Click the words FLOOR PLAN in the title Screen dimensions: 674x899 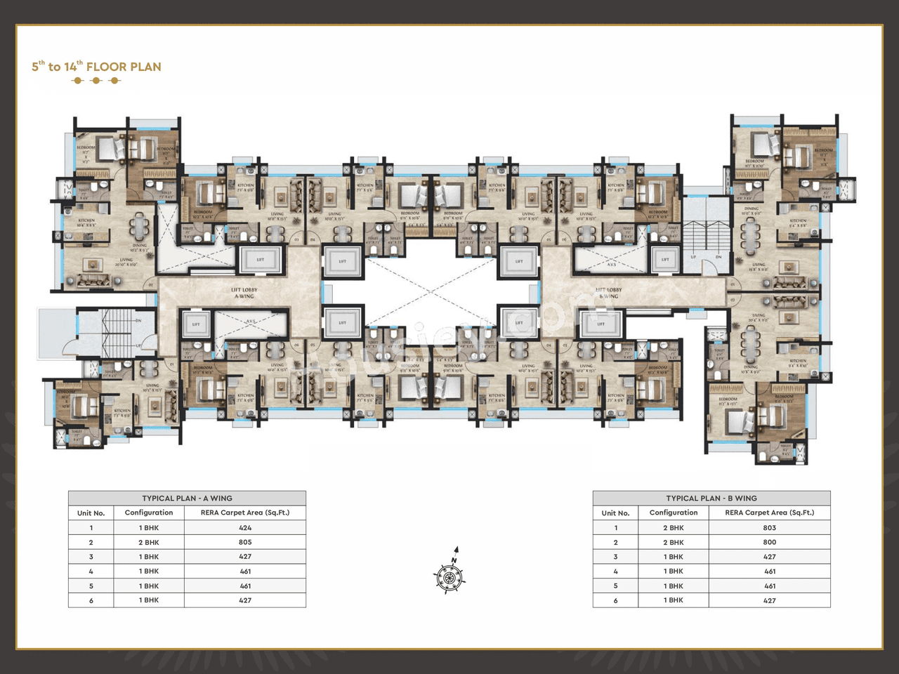124,67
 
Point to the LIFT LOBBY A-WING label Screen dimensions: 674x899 244,293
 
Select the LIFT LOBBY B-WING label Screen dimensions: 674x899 610,293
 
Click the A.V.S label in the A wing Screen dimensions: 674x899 251,321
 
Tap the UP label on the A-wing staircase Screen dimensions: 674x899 138,346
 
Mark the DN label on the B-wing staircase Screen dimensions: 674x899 718,257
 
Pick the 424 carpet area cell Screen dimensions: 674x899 244,528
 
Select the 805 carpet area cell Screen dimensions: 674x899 244,542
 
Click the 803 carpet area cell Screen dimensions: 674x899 769,528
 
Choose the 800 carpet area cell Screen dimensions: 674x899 769,542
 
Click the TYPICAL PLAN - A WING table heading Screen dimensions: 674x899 187,498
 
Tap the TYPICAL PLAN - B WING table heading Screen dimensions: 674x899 711,498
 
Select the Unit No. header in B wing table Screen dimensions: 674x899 615,513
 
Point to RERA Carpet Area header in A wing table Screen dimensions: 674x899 244,513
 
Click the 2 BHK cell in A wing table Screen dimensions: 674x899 149,542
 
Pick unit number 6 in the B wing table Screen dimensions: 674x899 615,600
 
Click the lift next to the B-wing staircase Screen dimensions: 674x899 664,260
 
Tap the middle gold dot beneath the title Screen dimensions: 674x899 96,81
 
